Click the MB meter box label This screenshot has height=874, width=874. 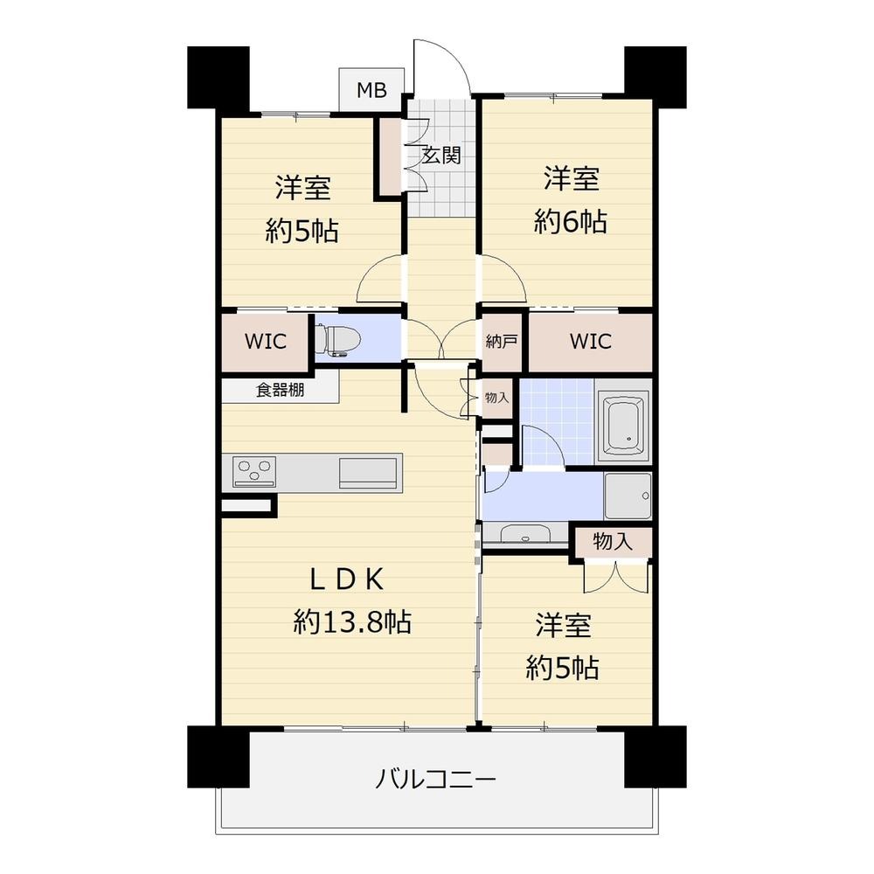click(x=371, y=90)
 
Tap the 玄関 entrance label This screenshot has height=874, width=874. click(x=440, y=156)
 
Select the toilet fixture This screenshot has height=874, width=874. click(x=337, y=340)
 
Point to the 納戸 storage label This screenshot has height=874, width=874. click(x=502, y=341)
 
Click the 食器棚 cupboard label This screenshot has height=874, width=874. click(x=280, y=390)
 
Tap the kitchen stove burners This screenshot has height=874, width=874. click(x=255, y=472)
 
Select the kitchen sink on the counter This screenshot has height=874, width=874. click(x=369, y=472)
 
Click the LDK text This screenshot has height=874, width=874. click(x=347, y=579)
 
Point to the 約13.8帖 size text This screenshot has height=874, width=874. click(x=353, y=621)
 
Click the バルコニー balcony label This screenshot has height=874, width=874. click(x=436, y=779)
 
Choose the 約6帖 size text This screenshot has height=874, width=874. click(x=571, y=221)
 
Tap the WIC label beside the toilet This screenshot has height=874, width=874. click(x=266, y=341)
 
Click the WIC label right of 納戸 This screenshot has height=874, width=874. click(x=590, y=341)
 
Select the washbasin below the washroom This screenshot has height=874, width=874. click(x=524, y=534)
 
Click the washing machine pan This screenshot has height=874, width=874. click(x=628, y=496)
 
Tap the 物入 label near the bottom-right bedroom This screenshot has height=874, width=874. click(x=613, y=541)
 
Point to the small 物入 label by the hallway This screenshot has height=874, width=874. click(x=496, y=398)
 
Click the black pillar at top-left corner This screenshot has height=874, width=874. click(x=218, y=77)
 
